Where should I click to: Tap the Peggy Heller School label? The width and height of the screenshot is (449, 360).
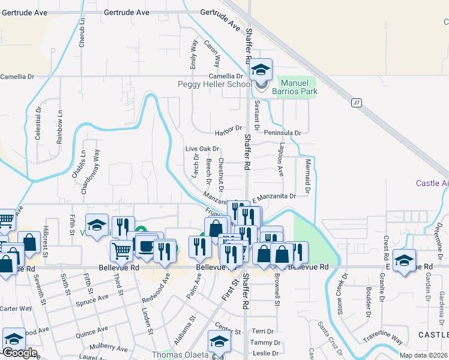214,85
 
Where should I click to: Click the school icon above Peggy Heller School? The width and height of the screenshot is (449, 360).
261,70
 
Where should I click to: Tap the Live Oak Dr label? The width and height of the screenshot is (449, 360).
202,149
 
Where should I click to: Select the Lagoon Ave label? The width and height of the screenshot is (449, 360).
280,160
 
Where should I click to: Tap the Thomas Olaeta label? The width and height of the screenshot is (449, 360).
179,355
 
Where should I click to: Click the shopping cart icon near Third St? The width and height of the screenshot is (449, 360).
121,250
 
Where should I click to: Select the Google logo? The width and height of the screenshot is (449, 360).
19,353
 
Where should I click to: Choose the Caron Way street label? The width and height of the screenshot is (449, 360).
212,53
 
